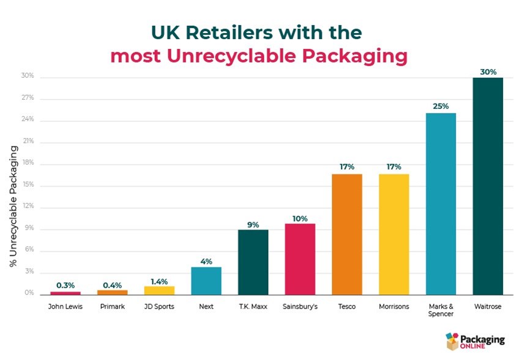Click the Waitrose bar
[x=488, y=186]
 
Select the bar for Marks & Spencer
[x=441, y=203]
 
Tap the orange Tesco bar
[x=347, y=234]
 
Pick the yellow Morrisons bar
[x=394, y=234]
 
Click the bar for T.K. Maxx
[x=253, y=261]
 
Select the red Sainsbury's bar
[x=300, y=258]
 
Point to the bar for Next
[x=206, y=280]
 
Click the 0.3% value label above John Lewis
[x=65, y=285]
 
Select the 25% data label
[x=441, y=106]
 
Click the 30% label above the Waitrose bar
[x=488, y=71]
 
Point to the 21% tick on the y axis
[x=28, y=142]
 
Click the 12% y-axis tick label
[x=28, y=207]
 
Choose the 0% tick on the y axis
[x=29, y=293]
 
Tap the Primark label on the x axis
[x=112, y=307]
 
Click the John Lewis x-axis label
[x=65, y=307]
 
